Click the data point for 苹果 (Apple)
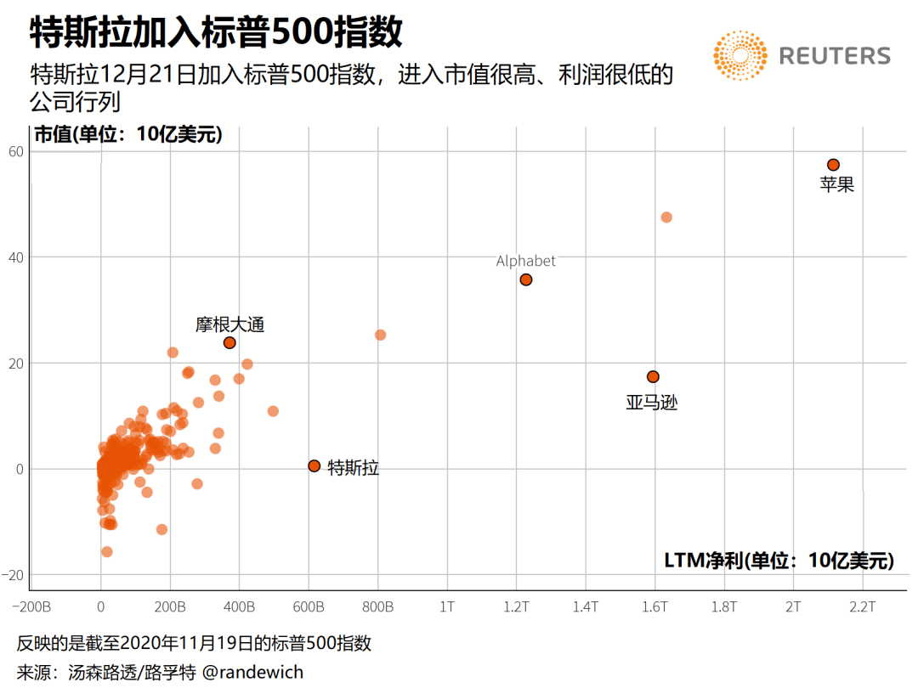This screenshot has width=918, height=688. coord(833,165)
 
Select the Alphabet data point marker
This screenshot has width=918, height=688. coord(526,279)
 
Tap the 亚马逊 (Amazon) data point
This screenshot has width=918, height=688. coord(653,376)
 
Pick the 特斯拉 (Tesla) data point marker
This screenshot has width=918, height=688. coord(314,465)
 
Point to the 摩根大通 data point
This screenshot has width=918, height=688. coord(229,342)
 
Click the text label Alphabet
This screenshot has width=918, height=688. coord(525,261)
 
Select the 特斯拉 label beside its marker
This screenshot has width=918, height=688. coord(353,467)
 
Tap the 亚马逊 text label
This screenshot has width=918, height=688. coord(652,403)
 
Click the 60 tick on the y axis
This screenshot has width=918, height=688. coord(16,151)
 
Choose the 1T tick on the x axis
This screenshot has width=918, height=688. coord(447,607)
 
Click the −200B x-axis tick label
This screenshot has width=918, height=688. coord(32,607)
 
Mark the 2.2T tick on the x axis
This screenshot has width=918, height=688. coord(862,607)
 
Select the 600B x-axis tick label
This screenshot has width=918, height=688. coord(309,607)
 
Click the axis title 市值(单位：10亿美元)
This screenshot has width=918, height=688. coord(127,134)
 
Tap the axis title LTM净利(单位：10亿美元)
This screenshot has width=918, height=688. coord(779,560)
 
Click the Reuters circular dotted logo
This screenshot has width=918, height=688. coord(740,56)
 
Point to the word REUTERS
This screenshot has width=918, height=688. coord(835,57)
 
